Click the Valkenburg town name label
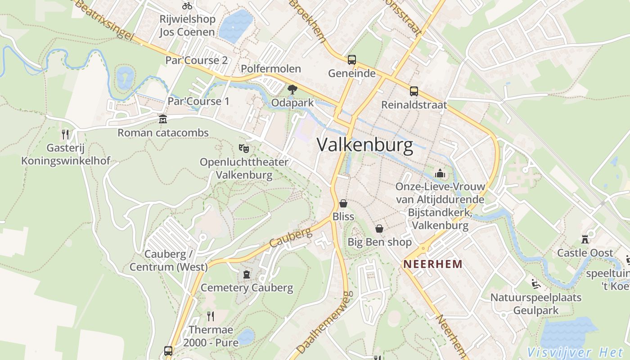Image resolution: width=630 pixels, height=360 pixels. tap(364, 145)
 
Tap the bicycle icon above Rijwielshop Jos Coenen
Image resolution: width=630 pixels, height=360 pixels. tap(187, 6)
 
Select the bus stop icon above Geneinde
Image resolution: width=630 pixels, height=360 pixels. tap(351, 60)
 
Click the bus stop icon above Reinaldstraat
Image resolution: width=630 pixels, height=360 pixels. tap(414, 91)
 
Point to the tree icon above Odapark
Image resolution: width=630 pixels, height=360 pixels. tap(292, 90)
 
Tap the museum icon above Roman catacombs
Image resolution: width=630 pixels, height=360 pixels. tap(163, 119)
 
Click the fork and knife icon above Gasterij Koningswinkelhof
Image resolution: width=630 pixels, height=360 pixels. tap(65, 134)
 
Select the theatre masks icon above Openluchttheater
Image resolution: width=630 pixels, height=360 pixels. tap(243, 148)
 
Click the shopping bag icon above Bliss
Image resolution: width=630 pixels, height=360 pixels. tap(343, 203)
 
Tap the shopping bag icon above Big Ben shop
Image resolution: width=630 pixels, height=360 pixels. tap(379, 229)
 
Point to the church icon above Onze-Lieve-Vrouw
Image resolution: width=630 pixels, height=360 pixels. tap(440, 173)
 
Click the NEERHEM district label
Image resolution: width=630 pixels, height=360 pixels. tap(433, 264)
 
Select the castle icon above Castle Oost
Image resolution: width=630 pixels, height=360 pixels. tap(585, 239)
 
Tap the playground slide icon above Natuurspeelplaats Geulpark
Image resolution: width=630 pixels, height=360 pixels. tap(535, 283)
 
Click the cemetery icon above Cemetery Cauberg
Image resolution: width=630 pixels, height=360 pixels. tap(247, 274)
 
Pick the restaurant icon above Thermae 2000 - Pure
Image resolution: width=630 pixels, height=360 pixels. tap(210, 316)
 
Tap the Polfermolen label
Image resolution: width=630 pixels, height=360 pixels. tap(271, 69)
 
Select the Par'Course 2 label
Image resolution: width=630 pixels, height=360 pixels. tap(196, 60)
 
